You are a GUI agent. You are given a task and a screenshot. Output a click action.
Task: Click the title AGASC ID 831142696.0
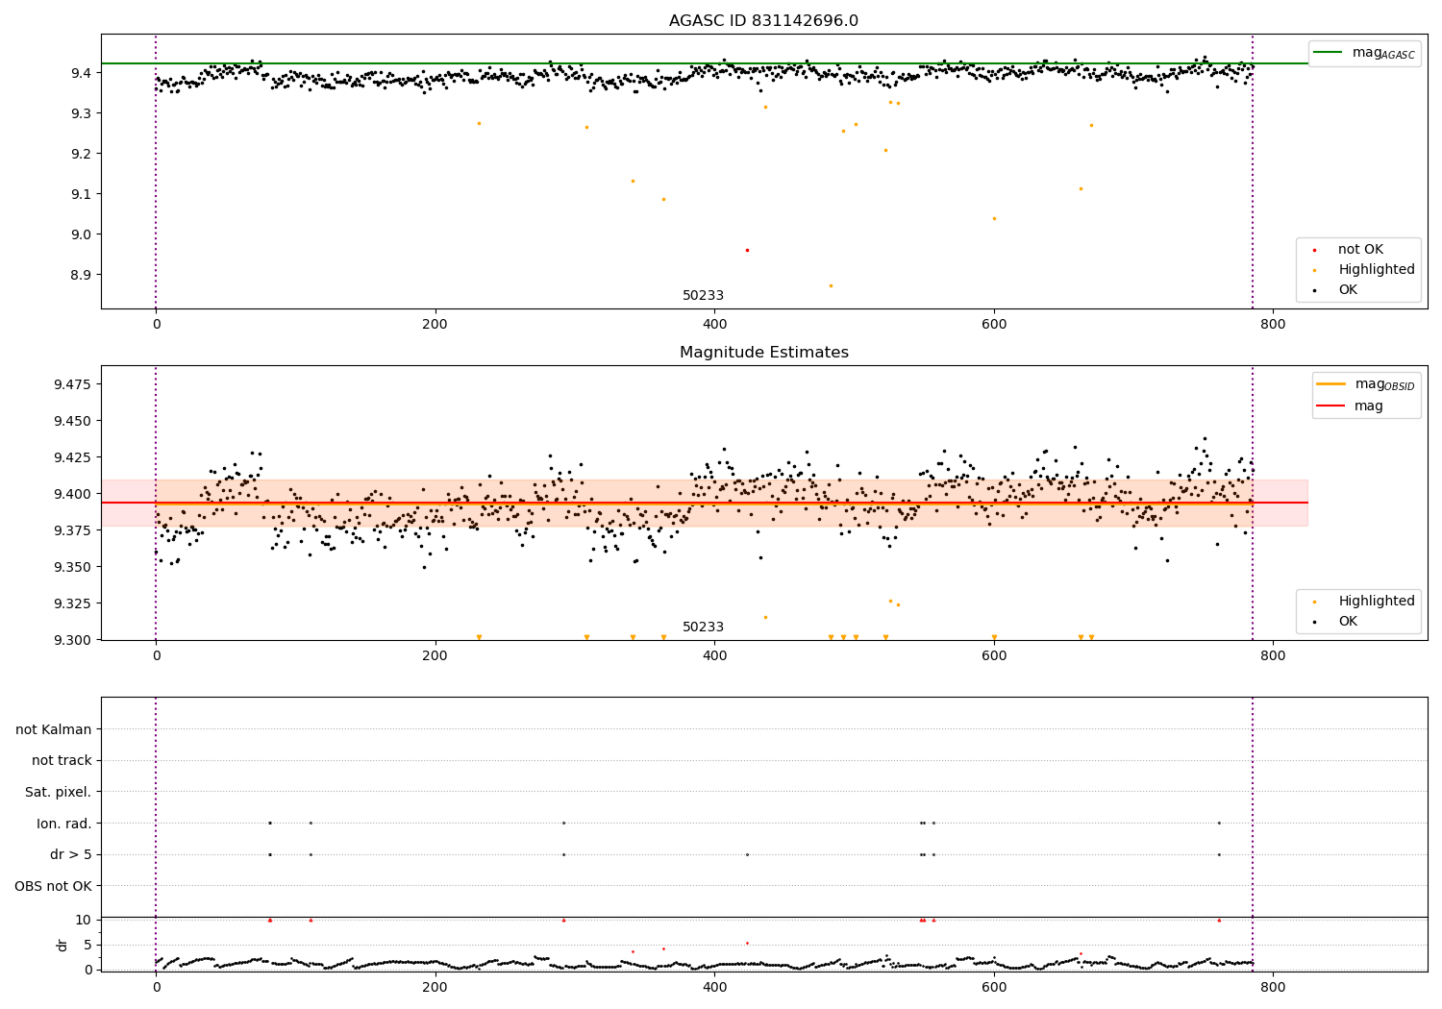pyautogui.click(x=763, y=21)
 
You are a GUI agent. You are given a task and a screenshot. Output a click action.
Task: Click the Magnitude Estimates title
pyautogui.click(x=763, y=353)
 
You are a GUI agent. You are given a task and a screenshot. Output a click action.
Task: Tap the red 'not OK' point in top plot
pyautogui.click(x=747, y=250)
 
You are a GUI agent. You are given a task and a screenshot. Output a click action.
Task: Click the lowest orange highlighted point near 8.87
pyautogui.click(x=831, y=285)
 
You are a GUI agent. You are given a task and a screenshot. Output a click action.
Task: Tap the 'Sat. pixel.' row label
pyautogui.click(x=58, y=792)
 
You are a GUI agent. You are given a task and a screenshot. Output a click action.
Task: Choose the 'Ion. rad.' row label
pyautogui.click(x=63, y=824)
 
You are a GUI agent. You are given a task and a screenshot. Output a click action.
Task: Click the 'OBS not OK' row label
pyautogui.click(x=53, y=886)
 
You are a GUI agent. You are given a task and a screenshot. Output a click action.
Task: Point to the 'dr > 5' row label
pyautogui.click(x=70, y=854)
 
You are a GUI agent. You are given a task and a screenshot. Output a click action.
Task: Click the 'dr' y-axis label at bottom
pyautogui.click(x=62, y=945)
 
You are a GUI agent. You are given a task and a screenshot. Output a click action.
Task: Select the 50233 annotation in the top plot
pyautogui.click(x=703, y=296)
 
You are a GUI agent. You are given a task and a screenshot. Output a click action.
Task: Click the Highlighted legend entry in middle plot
pyautogui.click(x=1376, y=602)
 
